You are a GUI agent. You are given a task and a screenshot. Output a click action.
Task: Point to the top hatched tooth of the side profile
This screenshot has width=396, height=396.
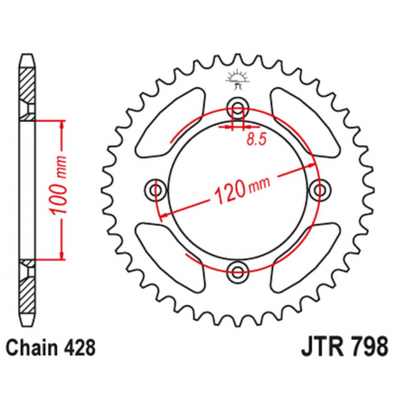point(28,82)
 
